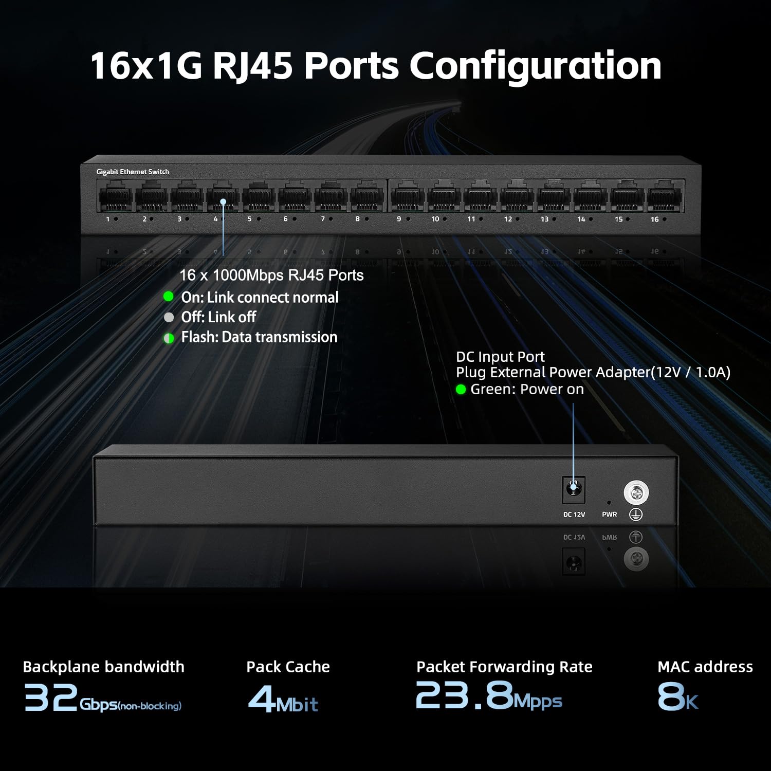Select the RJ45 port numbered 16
tap(665, 198)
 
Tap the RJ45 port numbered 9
tap(408, 198)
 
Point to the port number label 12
tap(508, 219)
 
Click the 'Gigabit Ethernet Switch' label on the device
tap(133, 172)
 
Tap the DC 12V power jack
tap(574, 489)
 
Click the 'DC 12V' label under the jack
tap(574, 515)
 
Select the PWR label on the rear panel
tap(609, 515)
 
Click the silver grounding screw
tap(636, 493)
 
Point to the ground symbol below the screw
tap(636, 514)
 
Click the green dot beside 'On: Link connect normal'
tap(169, 297)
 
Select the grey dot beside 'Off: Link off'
tap(169, 317)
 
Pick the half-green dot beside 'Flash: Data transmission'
tap(169, 338)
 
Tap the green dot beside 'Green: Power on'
tap(461, 390)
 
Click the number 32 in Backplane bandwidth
tap(51, 697)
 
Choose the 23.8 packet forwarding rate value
tap(464, 695)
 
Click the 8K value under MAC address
tap(677, 697)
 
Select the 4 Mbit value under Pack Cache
tap(283, 700)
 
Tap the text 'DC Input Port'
tap(500, 357)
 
